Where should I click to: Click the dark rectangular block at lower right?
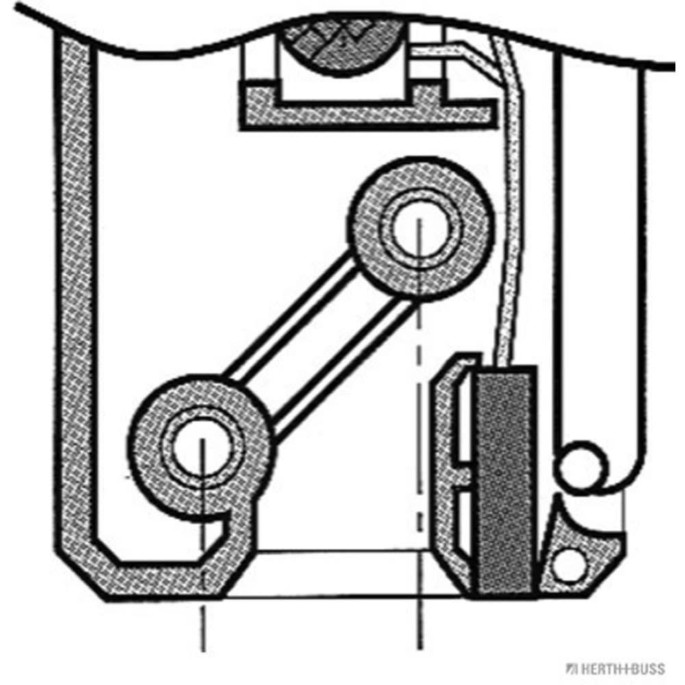pos(506,480)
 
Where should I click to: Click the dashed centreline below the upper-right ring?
pos(419,411)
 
